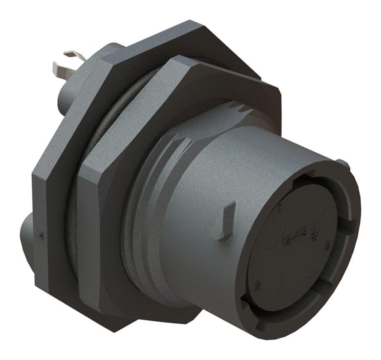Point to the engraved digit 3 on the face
pos(327,247)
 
